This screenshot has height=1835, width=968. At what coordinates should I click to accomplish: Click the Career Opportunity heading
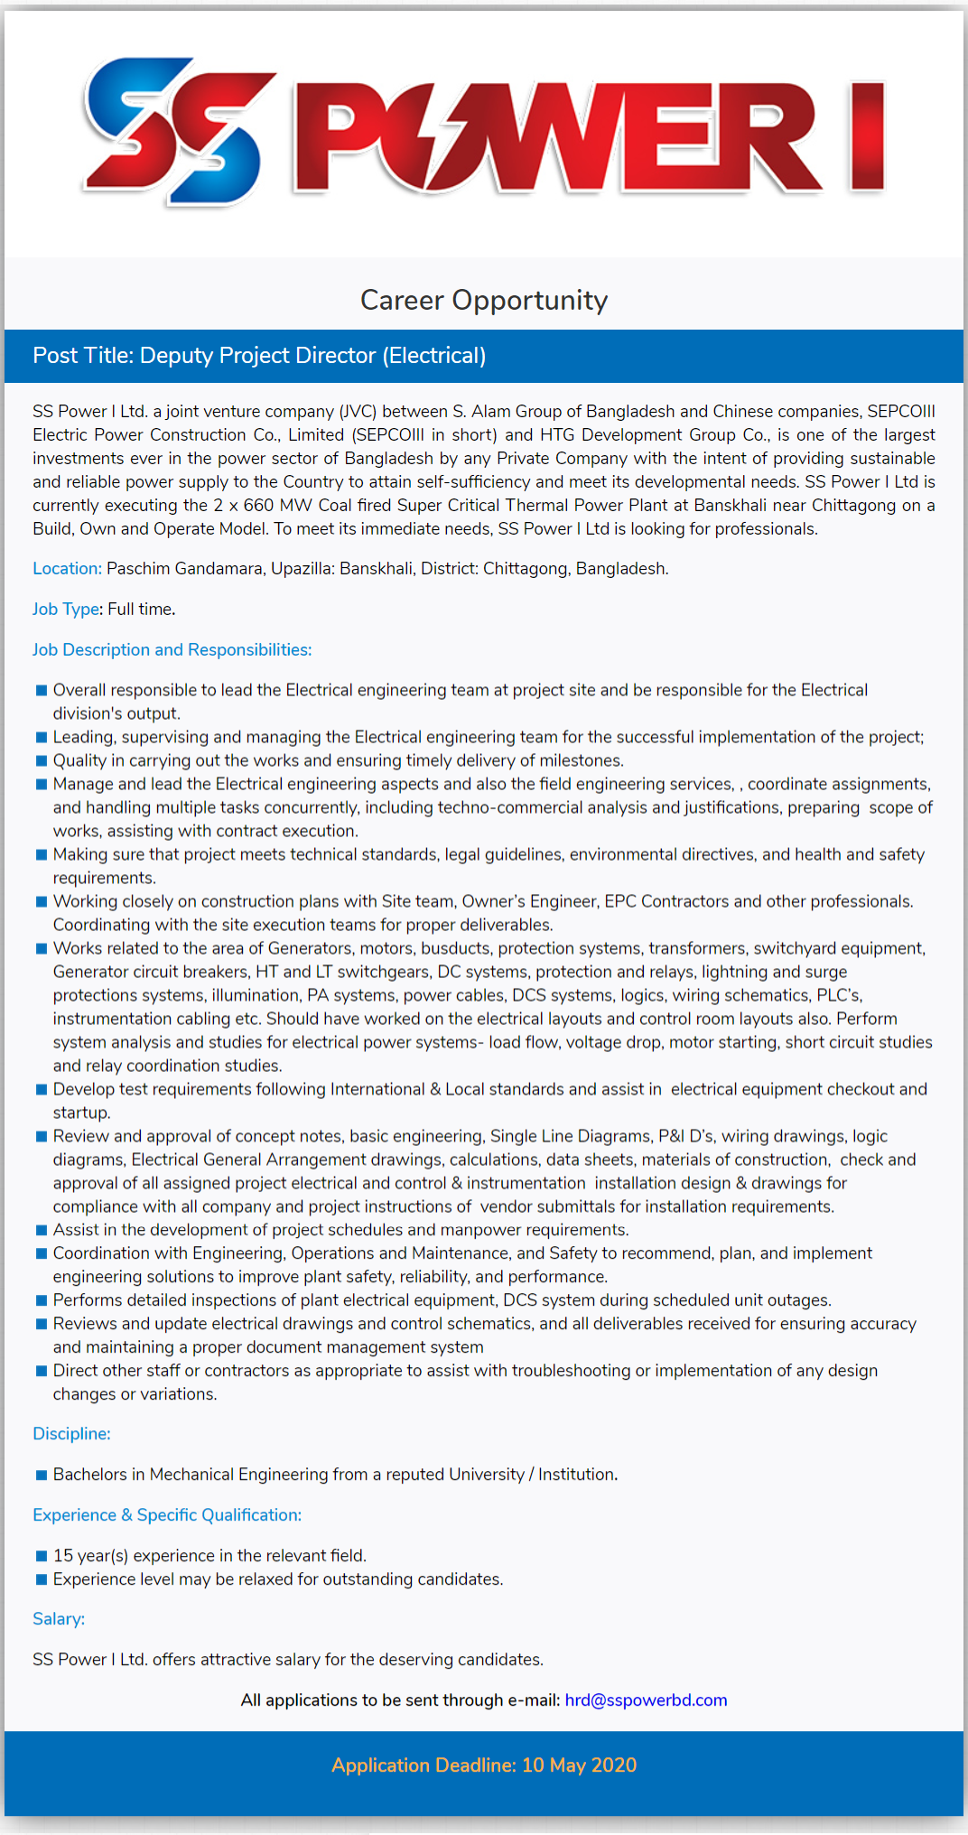click(x=484, y=300)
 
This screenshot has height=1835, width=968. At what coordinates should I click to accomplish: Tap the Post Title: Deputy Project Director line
click(x=259, y=356)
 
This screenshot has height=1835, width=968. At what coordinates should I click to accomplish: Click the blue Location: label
click(x=67, y=569)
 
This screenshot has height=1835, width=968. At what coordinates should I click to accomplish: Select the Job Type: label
click(x=66, y=610)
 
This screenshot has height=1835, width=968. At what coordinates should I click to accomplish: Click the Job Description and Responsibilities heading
click(x=172, y=650)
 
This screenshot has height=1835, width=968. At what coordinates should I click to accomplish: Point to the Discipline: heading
click(x=71, y=1434)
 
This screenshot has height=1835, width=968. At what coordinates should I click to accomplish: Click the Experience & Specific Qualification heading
click(x=167, y=1515)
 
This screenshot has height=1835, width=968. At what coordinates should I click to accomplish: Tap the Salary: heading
click(x=59, y=1619)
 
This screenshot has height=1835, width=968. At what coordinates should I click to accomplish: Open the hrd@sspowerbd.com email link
click(x=646, y=1700)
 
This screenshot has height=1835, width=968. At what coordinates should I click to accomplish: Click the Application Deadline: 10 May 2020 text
click(x=484, y=1765)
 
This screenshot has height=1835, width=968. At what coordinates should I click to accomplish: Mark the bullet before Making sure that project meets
click(x=41, y=855)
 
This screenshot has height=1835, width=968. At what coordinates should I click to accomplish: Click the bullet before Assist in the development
click(x=41, y=1231)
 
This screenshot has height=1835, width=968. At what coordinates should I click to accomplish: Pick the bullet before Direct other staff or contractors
click(x=41, y=1372)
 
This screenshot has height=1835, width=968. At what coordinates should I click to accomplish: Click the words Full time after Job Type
click(x=140, y=610)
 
